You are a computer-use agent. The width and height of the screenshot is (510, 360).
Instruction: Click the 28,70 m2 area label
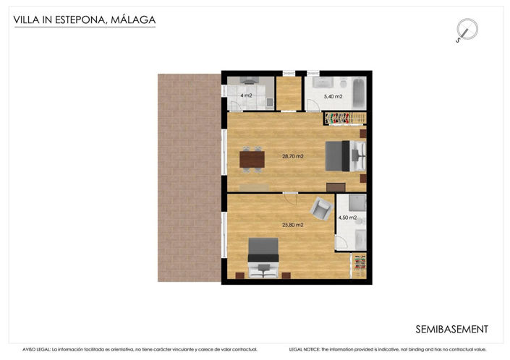coord(292,156)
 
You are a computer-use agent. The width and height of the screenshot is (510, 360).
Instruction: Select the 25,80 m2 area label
coord(292,225)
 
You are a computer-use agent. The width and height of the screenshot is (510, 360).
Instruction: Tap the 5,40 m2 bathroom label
coord(333,96)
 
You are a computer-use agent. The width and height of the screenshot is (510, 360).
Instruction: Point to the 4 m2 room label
coord(246,95)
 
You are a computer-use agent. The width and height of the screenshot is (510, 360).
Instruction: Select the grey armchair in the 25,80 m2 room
coord(320,210)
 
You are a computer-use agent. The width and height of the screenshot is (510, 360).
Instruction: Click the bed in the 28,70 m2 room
coord(344,156)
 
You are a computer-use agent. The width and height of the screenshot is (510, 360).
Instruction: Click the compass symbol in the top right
coord(467,30)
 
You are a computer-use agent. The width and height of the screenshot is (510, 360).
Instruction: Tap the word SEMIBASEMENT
coord(452,329)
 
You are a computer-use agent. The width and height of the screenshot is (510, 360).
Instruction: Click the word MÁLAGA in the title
coord(132,20)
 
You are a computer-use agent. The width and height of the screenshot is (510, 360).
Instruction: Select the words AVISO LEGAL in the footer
coord(37,349)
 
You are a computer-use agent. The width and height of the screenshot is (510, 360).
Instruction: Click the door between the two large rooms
coord(289,194)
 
